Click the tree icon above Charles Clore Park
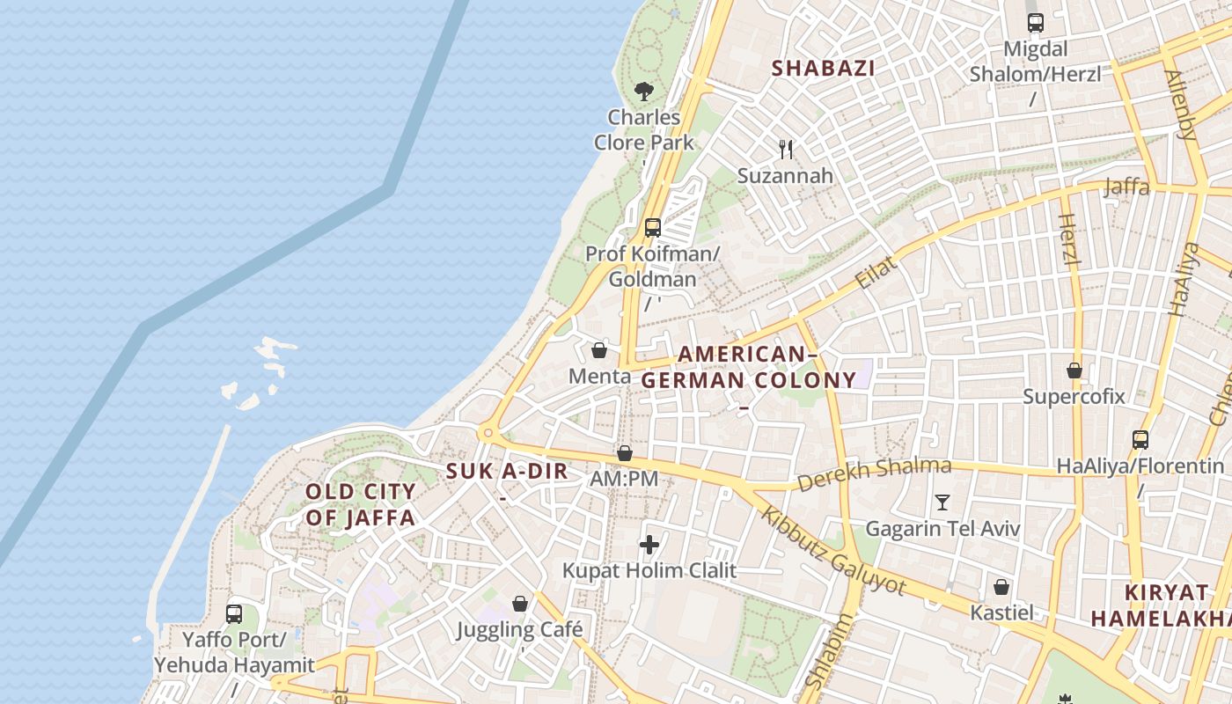pos(644,91)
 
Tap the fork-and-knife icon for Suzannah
pos(786,150)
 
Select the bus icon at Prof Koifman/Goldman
pos(652,228)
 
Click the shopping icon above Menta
pos(599,350)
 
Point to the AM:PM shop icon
pos(624,453)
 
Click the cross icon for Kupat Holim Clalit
pos(649,545)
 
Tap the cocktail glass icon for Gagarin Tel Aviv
pos(942,502)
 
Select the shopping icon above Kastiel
pos(1001,587)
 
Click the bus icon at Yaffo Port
pos(234,613)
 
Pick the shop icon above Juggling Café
pos(520,604)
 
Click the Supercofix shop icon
pos(1074,370)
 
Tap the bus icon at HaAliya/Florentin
pos(1140,439)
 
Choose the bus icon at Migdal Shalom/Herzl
pos(1035,23)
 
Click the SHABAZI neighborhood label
pos(823,68)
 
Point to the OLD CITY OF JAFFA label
pos(360,504)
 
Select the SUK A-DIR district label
pos(507,471)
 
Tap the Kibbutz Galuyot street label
pos(832,550)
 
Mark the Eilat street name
pos(876,274)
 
